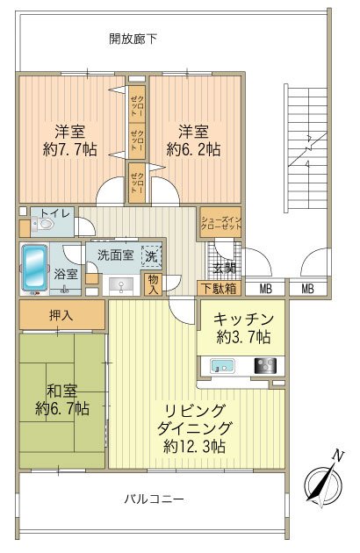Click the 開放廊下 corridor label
pyautogui.click(x=133, y=39)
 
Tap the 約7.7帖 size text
pyautogui.click(x=70, y=149)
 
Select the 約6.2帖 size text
pyautogui.click(x=193, y=149)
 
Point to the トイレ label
pyautogui.click(x=55, y=212)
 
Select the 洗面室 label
pyautogui.click(x=115, y=255)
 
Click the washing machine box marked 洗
pyautogui.click(x=151, y=256)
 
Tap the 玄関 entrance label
pyautogui.click(x=224, y=268)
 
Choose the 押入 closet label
pyautogui.click(x=61, y=314)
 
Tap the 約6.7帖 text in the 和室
pyautogui.click(x=62, y=408)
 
